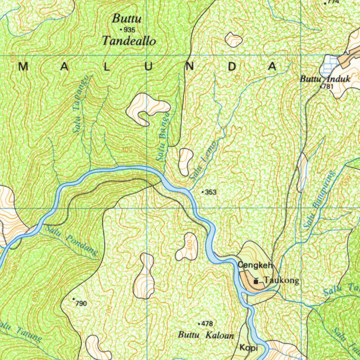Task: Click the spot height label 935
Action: click(129, 30)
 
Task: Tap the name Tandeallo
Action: click(129, 41)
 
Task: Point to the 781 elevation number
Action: click(327, 86)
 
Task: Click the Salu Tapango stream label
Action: click(81, 105)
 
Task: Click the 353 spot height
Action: click(211, 192)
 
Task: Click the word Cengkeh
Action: click(255, 265)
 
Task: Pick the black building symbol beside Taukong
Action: click(256, 281)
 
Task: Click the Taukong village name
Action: click(282, 280)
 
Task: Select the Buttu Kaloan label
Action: click(206, 335)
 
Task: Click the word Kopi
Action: click(249, 348)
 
